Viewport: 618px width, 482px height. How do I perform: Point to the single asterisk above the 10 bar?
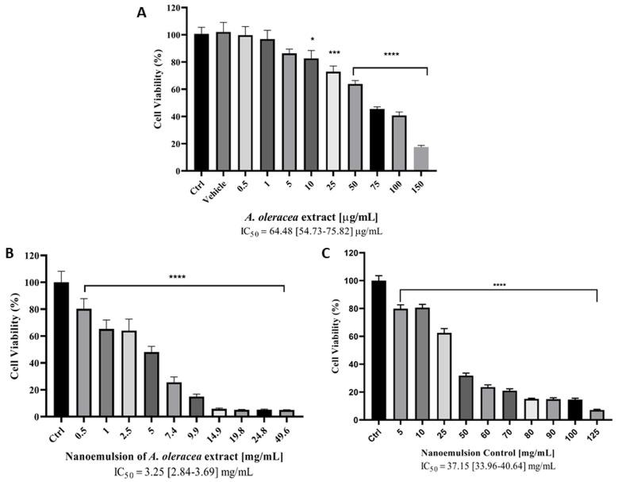click(x=313, y=39)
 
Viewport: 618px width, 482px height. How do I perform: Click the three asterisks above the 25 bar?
click(x=334, y=53)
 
